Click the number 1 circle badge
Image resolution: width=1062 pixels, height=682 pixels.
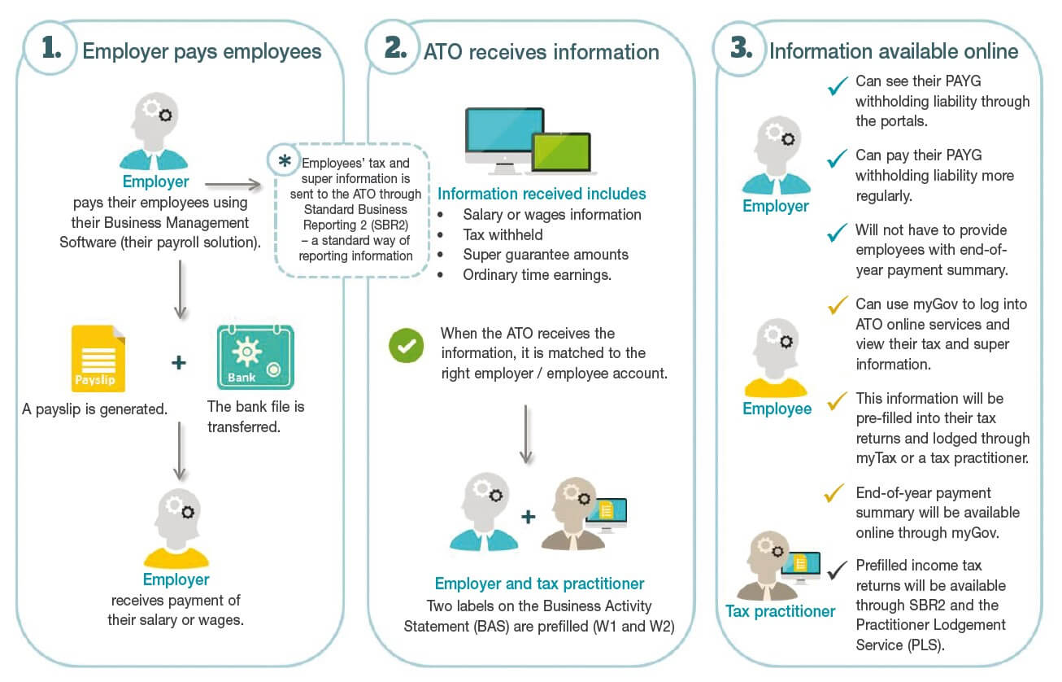tap(50, 50)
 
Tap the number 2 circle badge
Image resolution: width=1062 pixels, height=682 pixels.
tap(394, 49)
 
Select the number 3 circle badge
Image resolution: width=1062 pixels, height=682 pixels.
tap(740, 49)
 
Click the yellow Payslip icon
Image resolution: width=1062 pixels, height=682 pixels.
tap(98, 359)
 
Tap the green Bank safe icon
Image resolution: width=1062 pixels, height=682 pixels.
tap(255, 358)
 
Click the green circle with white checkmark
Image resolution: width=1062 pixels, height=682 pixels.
tap(406, 345)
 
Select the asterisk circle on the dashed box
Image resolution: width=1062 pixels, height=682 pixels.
tap(285, 160)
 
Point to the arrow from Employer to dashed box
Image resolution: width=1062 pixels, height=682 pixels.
tap(233, 185)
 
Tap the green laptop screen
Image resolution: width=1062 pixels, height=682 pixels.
tap(561, 152)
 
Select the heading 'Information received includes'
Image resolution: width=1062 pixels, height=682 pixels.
tap(542, 194)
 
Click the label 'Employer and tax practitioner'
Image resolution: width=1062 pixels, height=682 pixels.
tap(539, 584)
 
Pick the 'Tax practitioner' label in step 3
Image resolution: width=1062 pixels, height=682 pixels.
tap(781, 611)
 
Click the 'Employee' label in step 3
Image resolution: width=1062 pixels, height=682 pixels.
tap(777, 409)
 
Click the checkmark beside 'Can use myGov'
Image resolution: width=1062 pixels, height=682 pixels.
tap(837, 306)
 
